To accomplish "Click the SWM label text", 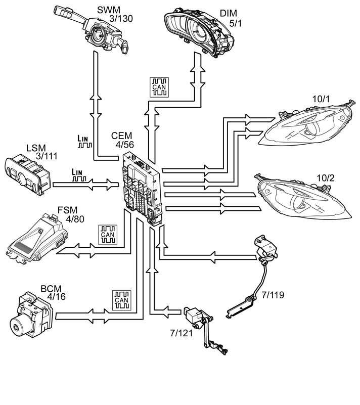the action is coord(109,10).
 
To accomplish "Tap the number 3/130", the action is coord(121,19).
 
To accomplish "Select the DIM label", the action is coord(229,13).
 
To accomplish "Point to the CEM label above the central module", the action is coord(121,136).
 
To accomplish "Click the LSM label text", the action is coord(36,148).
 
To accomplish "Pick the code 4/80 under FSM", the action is coord(75,219).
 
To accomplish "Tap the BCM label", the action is coord(51,289).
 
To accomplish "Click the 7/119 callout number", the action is coord(273,295).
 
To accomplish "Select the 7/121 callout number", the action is coord(182,333).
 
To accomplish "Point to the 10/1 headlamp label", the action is coord(321,99).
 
